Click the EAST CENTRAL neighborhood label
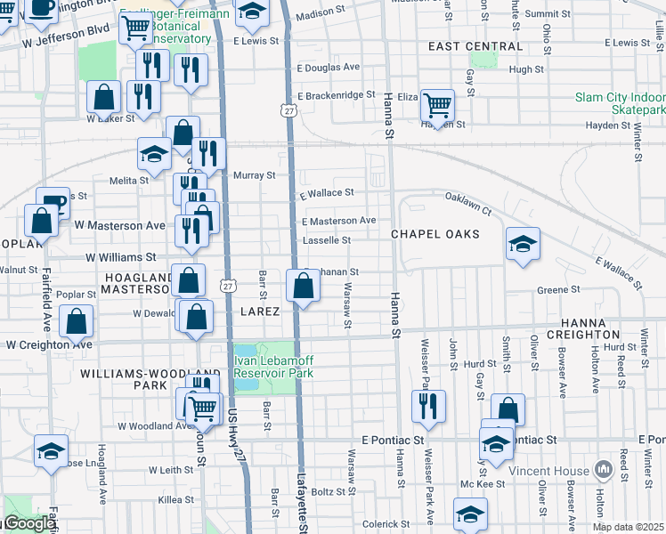(x=475, y=46)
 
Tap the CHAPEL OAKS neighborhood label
(x=435, y=234)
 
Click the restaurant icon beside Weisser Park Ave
(x=428, y=406)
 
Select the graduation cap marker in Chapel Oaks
(x=522, y=244)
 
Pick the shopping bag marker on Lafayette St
(x=304, y=287)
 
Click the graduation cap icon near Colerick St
(x=470, y=514)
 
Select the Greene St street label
(x=558, y=289)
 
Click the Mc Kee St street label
(x=489, y=484)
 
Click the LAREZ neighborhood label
(x=260, y=312)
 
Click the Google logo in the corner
(x=28, y=524)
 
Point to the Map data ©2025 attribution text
(x=628, y=527)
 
